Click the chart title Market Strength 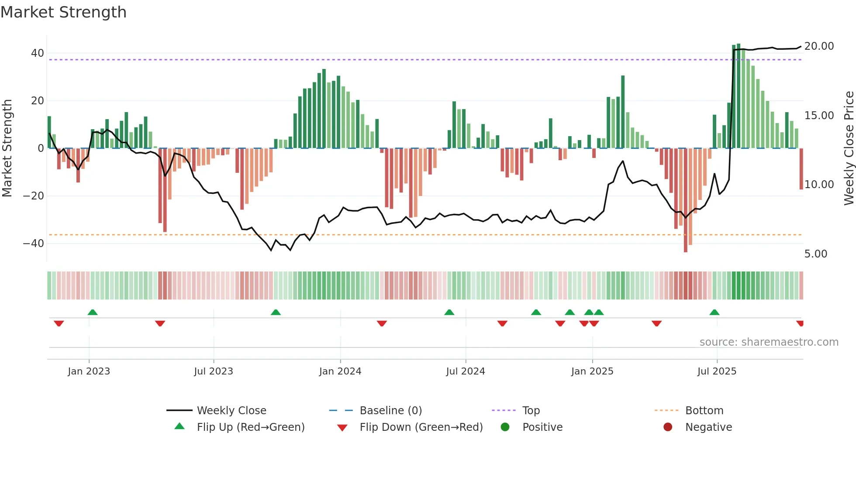pos(63,12)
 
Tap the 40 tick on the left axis pos(37,53)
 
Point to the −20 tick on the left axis pos(34,196)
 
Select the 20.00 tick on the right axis pos(819,46)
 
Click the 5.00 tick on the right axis pos(815,254)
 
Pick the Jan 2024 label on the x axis pos(340,371)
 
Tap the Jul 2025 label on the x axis pos(716,371)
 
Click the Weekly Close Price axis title pos(849,148)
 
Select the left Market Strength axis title pos(7,148)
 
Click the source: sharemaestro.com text pos(769,342)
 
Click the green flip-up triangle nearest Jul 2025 pos(714,313)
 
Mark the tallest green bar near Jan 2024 pos(324,109)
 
